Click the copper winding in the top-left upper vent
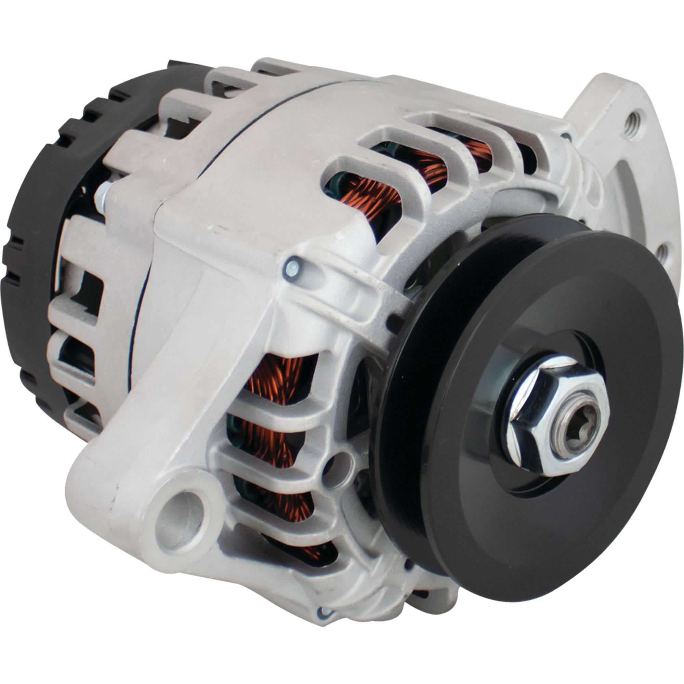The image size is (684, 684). tap(368, 195)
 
